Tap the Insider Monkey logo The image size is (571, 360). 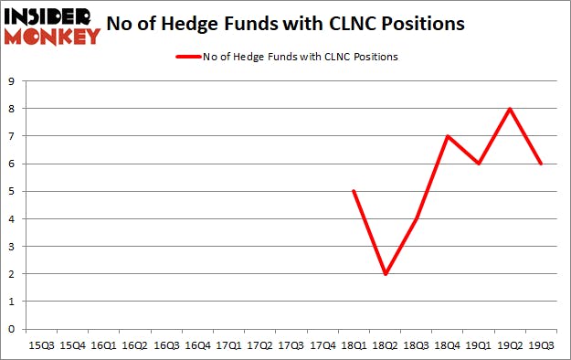tap(51, 25)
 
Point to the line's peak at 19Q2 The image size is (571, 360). tap(510, 109)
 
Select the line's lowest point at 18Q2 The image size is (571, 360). tap(385, 274)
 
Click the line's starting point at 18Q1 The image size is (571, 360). tap(354, 191)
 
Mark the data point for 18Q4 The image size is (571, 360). tap(448, 136)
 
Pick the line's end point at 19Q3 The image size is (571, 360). tap(541, 164)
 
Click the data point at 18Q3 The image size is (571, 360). tap(417, 219)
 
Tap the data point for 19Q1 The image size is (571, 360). tap(479, 164)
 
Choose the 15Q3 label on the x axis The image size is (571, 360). tap(41, 345)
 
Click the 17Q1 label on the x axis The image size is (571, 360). tap(228, 345)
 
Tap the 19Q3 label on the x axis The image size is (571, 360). tap(541, 345)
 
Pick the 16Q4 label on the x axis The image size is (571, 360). tap(197, 345)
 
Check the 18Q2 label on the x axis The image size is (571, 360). tap(385, 345)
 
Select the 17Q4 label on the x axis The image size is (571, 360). tap(323, 345)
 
